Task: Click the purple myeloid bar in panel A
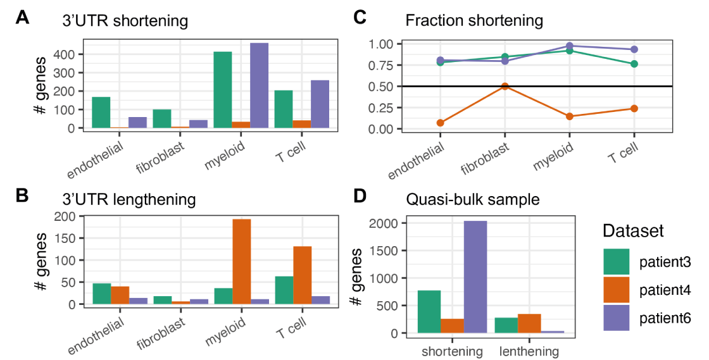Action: (x=259, y=85)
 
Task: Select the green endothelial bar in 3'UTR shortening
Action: (x=101, y=113)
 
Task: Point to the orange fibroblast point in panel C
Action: (x=505, y=86)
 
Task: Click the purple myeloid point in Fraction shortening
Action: (x=570, y=46)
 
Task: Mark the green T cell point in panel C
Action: (x=634, y=64)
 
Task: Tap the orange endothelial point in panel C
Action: (x=441, y=123)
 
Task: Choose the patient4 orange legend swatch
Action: (x=616, y=290)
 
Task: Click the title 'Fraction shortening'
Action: (x=474, y=20)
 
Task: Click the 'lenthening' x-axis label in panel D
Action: (x=529, y=351)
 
